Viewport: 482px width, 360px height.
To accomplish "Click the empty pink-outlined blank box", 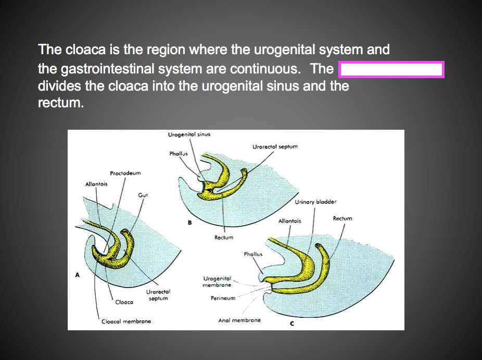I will (x=391, y=69).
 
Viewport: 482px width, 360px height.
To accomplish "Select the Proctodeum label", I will (x=125, y=173).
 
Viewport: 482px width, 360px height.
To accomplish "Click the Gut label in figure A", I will (x=143, y=195).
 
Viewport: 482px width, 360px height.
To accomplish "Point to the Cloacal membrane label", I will (x=126, y=321).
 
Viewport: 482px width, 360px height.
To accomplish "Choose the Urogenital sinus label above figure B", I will (x=189, y=134).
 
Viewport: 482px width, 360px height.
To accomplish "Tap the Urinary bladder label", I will (x=315, y=202).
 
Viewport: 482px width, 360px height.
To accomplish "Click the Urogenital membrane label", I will (x=217, y=282).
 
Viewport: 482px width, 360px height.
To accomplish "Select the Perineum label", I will (x=223, y=299).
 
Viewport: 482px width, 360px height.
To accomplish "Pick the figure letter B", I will (x=190, y=223).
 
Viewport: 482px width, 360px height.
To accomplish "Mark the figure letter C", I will (x=292, y=324).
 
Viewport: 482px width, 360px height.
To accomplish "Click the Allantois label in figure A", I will (x=96, y=184).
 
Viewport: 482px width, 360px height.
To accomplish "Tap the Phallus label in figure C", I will (x=253, y=254).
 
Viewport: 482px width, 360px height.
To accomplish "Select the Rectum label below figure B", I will (x=224, y=238).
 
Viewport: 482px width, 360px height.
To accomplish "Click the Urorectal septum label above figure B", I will (x=275, y=147).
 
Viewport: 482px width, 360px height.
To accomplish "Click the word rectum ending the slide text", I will (x=59, y=103).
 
